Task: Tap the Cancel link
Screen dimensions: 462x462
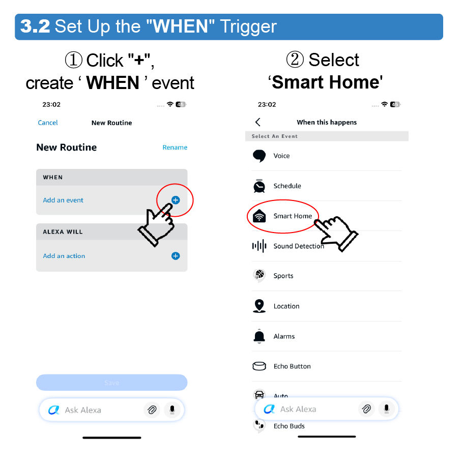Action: click(x=48, y=123)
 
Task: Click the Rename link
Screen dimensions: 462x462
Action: click(x=175, y=148)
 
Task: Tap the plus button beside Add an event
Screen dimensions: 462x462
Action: click(x=176, y=200)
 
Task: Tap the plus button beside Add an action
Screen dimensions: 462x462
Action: click(x=176, y=256)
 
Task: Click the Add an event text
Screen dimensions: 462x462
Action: click(x=63, y=200)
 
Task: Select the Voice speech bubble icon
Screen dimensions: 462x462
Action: click(x=259, y=156)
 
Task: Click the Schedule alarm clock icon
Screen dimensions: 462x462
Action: click(x=259, y=186)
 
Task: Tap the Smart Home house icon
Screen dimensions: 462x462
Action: click(x=259, y=216)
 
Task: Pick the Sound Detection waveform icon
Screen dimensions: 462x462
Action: click(x=259, y=246)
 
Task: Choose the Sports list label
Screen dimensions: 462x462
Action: click(x=283, y=276)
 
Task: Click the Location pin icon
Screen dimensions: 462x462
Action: click(x=259, y=306)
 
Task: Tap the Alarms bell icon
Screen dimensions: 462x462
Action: click(x=259, y=336)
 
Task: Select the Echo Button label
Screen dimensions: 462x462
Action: click(x=292, y=366)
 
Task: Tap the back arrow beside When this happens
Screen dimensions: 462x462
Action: click(x=258, y=122)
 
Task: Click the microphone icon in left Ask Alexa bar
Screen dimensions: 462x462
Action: click(x=172, y=410)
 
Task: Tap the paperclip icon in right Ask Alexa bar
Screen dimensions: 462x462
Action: click(x=366, y=409)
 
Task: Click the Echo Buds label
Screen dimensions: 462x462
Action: click(x=289, y=426)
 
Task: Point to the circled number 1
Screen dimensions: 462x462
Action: click(x=73, y=60)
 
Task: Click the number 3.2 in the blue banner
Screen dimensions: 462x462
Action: click(x=35, y=26)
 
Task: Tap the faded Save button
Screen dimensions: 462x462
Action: click(x=111, y=383)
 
